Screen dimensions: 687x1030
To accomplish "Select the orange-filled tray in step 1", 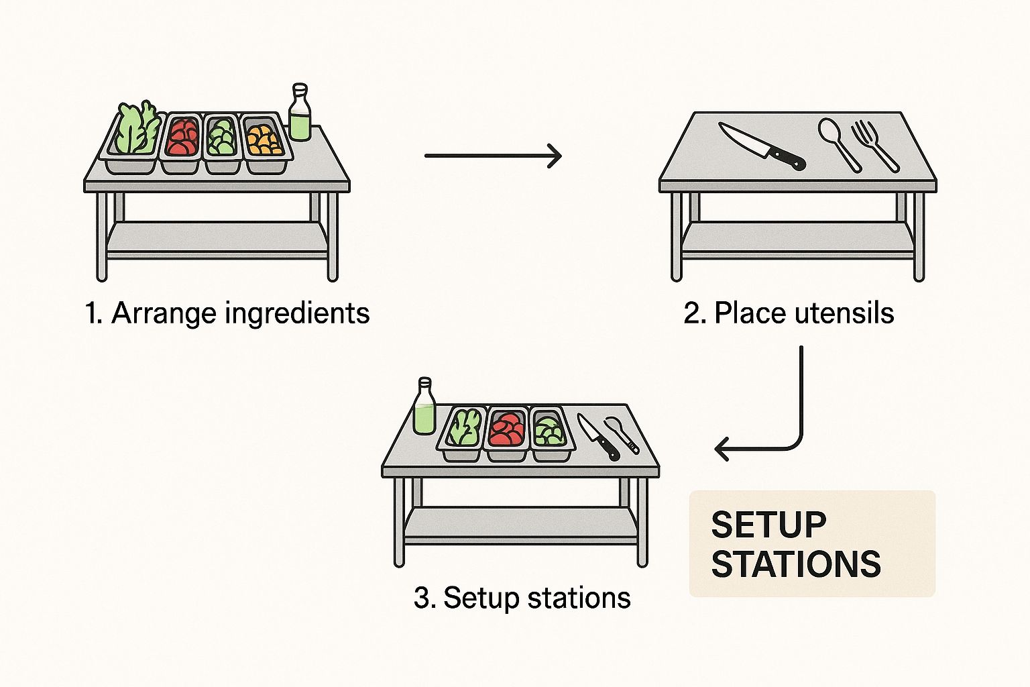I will [x=265, y=141].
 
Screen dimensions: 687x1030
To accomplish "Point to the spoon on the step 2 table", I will [x=838, y=144].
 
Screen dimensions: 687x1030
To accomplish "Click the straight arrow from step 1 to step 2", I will [x=493, y=156].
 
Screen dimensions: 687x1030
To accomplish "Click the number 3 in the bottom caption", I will [x=422, y=598].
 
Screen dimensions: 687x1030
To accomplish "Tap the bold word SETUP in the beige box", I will [x=768, y=525].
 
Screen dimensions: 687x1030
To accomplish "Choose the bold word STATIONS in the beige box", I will [x=796, y=564].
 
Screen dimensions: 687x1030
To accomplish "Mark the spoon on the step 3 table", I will [x=621, y=433].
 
